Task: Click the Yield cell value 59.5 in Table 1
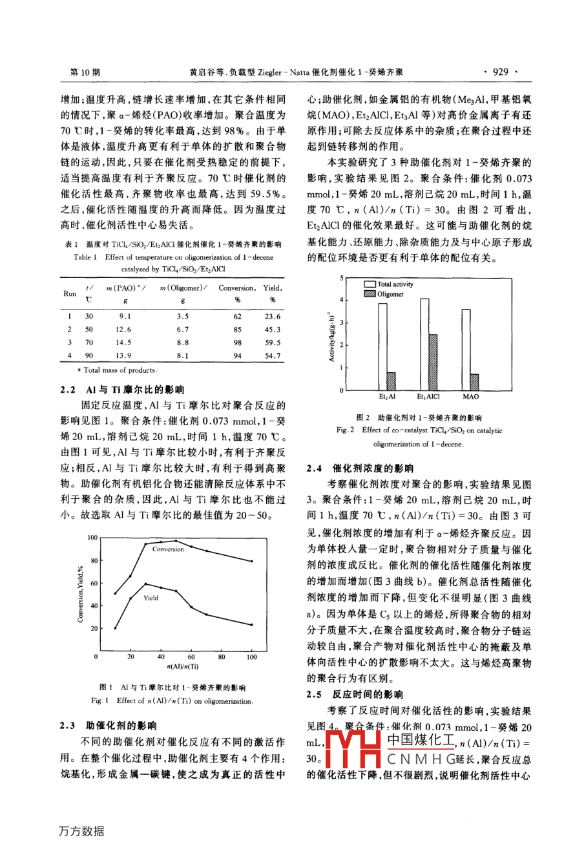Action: click(x=273, y=342)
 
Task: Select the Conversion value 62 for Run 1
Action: click(x=237, y=317)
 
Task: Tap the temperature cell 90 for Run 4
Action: click(x=89, y=355)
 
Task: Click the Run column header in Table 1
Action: click(x=70, y=293)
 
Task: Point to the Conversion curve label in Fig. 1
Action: click(x=168, y=549)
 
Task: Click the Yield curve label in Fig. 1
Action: click(x=151, y=598)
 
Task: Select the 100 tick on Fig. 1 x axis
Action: click(x=251, y=657)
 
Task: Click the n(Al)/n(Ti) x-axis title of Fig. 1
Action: click(x=182, y=666)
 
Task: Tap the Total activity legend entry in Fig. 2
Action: click(x=395, y=284)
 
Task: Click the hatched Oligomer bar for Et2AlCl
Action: click(x=433, y=362)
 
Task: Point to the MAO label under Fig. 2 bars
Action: click(x=470, y=396)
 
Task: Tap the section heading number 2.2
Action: click(x=68, y=390)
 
